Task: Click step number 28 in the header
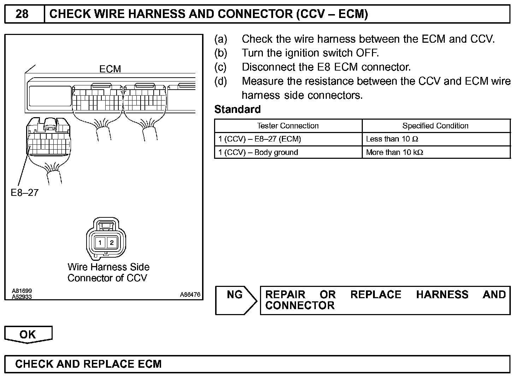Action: [22, 14]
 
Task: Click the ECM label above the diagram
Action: [110, 69]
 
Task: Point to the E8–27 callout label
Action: [24, 193]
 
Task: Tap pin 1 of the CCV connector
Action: [100, 242]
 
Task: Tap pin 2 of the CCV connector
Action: [112, 242]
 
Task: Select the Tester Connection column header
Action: [288, 126]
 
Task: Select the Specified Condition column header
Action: [435, 126]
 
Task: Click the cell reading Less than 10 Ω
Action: [392, 139]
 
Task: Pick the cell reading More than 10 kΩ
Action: [395, 152]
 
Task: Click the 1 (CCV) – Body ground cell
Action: [258, 152]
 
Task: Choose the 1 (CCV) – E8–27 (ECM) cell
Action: [260, 139]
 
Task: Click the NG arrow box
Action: [235, 300]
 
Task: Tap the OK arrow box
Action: [28, 334]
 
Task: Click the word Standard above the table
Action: [237, 109]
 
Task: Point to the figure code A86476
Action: [190, 294]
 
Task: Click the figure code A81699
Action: [22, 291]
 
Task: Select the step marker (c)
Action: [220, 67]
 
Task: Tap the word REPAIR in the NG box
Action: [285, 295]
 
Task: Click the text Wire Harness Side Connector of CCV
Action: [108, 272]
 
